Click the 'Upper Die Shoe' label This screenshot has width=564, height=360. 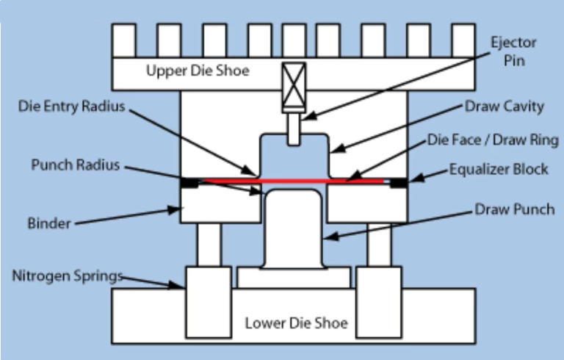[198, 71]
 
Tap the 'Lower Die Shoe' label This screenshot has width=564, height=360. [296, 323]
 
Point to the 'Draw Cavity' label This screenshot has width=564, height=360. [505, 107]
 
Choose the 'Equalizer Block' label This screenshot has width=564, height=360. [499, 169]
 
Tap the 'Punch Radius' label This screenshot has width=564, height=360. [75, 164]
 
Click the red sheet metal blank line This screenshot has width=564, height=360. [294, 181]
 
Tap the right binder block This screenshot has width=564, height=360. [366, 204]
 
